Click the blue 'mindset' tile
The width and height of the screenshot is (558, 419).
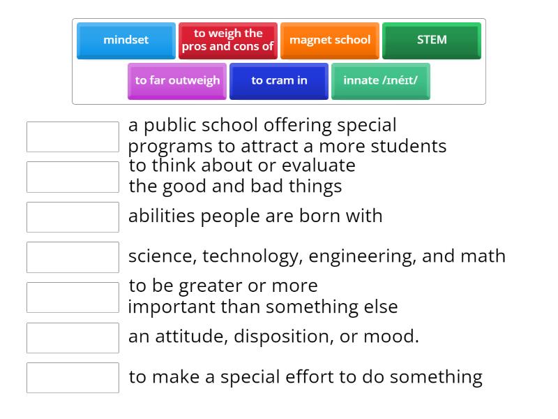tap(126, 41)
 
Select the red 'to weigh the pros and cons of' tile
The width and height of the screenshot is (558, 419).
tap(228, 41)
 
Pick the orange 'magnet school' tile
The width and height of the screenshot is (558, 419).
tap(330, 41)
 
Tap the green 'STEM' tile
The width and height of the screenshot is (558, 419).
tap(432, 41)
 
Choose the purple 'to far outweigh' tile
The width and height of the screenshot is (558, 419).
tap(177, 81)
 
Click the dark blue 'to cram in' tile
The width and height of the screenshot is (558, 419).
tap(279, 81)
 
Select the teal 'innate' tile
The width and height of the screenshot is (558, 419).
tap(381, 81)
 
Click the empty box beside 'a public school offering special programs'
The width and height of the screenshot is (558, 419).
tap(73, 137)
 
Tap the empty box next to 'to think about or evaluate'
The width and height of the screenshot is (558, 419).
tap(73, 177)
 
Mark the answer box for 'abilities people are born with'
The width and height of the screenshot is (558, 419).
tap(73, 217)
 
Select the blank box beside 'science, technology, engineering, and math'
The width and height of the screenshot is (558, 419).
tap(73, 257)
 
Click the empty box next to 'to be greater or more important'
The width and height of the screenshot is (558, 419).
tap(73, 297)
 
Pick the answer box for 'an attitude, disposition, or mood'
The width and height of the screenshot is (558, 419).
tap(73, 338)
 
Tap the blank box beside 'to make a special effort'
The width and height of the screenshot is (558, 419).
tap(73, 378)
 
